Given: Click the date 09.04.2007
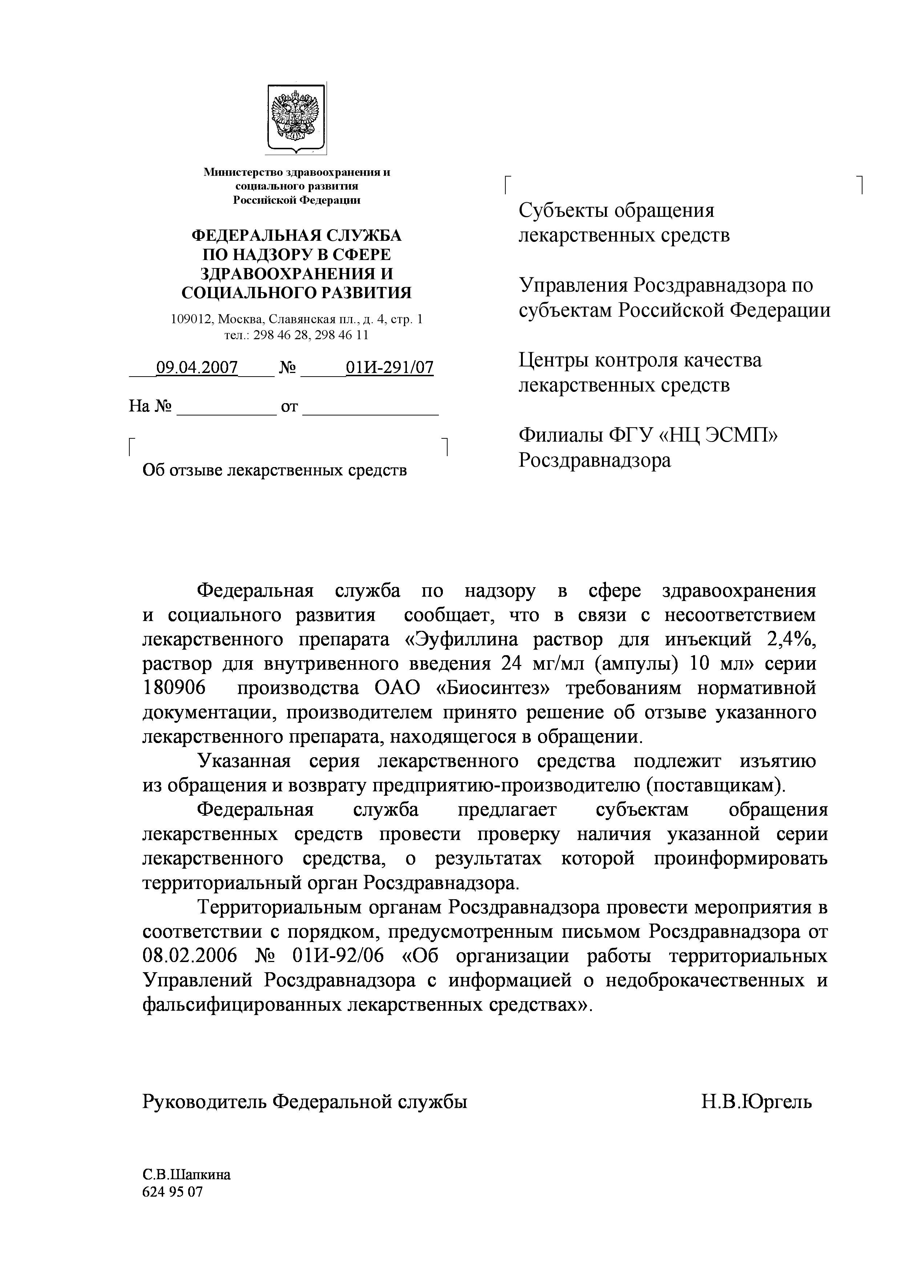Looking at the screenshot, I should pyautogui.click(x=197, y=367).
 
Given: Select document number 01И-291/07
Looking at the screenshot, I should pyautogui.click(x=389, y=367).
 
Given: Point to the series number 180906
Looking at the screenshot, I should pyautogui.click(x=174, y=688).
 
